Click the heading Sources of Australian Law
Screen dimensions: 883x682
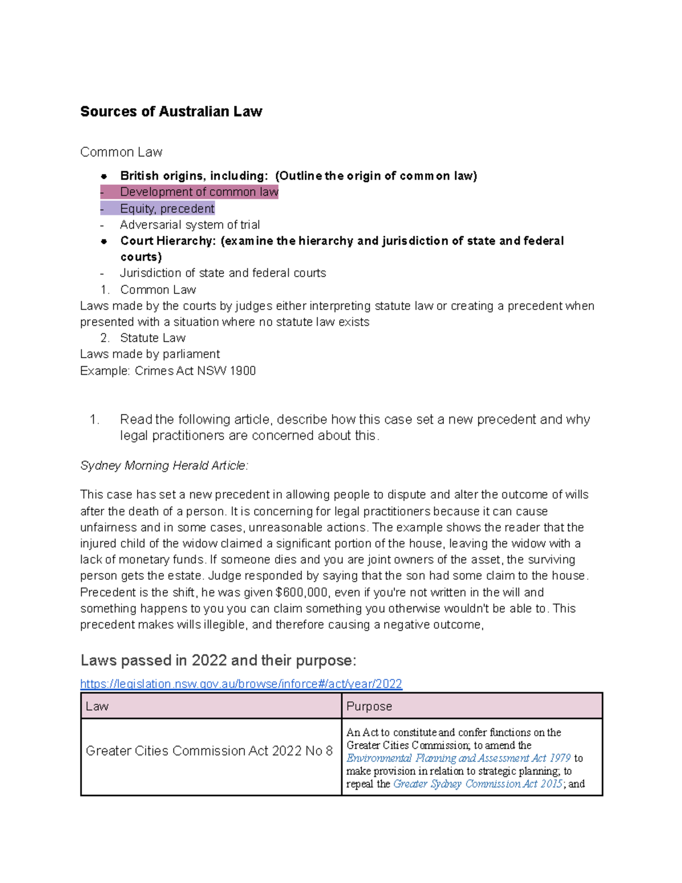(x=171, y=111)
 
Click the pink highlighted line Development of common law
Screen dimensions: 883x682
(x=198, y=192)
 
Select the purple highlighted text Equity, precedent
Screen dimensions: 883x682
(x=167, y=209)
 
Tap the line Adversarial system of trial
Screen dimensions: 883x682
(x=189, y=225)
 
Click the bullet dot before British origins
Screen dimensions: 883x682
(x=104, y=176)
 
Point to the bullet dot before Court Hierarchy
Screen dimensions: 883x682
(x=104, y=241)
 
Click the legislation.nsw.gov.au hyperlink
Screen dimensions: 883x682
(x=241, y=683)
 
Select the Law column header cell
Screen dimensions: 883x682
(x=211, y=706)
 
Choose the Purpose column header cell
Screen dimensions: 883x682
(x=471, y=706)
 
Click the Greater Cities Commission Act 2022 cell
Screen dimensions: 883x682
(x=209, y=751)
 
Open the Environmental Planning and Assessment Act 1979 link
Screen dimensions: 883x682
(x=458, y=758)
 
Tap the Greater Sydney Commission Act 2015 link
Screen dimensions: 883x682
(x=477, y=783)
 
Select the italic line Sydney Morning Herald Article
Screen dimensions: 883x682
(x=164, y=466)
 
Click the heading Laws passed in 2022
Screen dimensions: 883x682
(x=218, y=660)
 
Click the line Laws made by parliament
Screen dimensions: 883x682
(x=150, y=354)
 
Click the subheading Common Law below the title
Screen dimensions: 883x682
(x=121, y=152)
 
